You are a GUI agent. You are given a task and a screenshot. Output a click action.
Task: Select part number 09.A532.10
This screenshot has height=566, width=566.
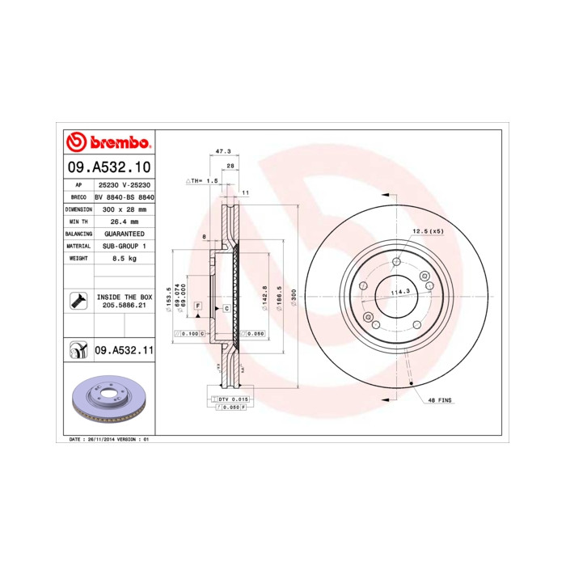[x=109, y=167]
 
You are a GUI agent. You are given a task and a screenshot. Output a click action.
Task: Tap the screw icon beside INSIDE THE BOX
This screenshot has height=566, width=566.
[x=78, y=302]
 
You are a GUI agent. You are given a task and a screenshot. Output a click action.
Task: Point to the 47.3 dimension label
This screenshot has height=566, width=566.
[x=223, y=151]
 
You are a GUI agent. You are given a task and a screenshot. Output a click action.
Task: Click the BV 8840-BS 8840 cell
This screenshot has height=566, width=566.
[x=124, y=196]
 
